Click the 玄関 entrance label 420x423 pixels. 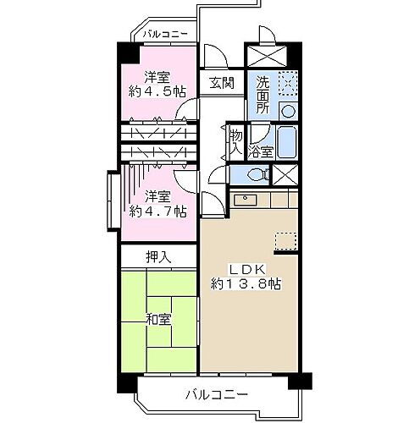[223, 83]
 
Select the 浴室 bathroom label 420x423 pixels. [260, 151]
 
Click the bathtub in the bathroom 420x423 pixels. [286, 141]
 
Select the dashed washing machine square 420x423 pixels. [286, 84]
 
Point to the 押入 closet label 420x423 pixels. [158, 256]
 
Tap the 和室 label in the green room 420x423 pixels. [158, 319]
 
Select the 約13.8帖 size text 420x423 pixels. [247, 284]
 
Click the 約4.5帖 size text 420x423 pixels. [157, 91]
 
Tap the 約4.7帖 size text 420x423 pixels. [157, 211]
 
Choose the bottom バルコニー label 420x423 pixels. [218, 395]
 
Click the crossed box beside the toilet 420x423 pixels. [286, 175]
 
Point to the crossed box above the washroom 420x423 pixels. [272, 53]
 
